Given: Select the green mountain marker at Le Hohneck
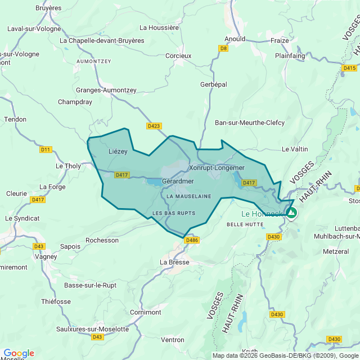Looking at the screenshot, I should pyautogui.click(x=291, y=213).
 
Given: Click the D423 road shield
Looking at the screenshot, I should pyautogui.click(x=154, y=126).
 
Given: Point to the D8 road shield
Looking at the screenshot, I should pyautogui.click(x=224, y=48).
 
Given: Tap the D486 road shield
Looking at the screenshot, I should pyautogui.click(x=192, y=240).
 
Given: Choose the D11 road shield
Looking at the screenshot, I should pyautogui.click(x=46, y=150).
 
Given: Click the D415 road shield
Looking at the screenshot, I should pyautogui.click(x=349, y=68).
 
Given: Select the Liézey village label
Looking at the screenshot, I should pyautogui.click(x=118, y=151).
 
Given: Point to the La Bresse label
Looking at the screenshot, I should pyautogui.click(x=174, y=262).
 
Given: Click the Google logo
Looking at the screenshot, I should pyautogui.click(x=19, y=353).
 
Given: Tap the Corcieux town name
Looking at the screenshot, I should pyautogui.click(x=178, y=56).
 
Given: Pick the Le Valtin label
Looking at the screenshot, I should pyautogui.click(x=295, y=149).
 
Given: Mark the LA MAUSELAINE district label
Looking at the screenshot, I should pyautogui.click(x=188, y=196).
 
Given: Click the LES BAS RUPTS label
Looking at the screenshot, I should pyautogui.click(x=174, y=213).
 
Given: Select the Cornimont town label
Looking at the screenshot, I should pyautogui.click(x=145, y=312).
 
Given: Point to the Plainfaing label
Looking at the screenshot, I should pyautogui.click(x=290, y=56).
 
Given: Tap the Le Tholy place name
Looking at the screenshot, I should pyautogui.click(x=68, y=166).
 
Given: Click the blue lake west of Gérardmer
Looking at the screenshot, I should pyautogui.click(x=152, y=182).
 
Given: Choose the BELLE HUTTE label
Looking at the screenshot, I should pyautogui.click(x=245, y=224).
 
